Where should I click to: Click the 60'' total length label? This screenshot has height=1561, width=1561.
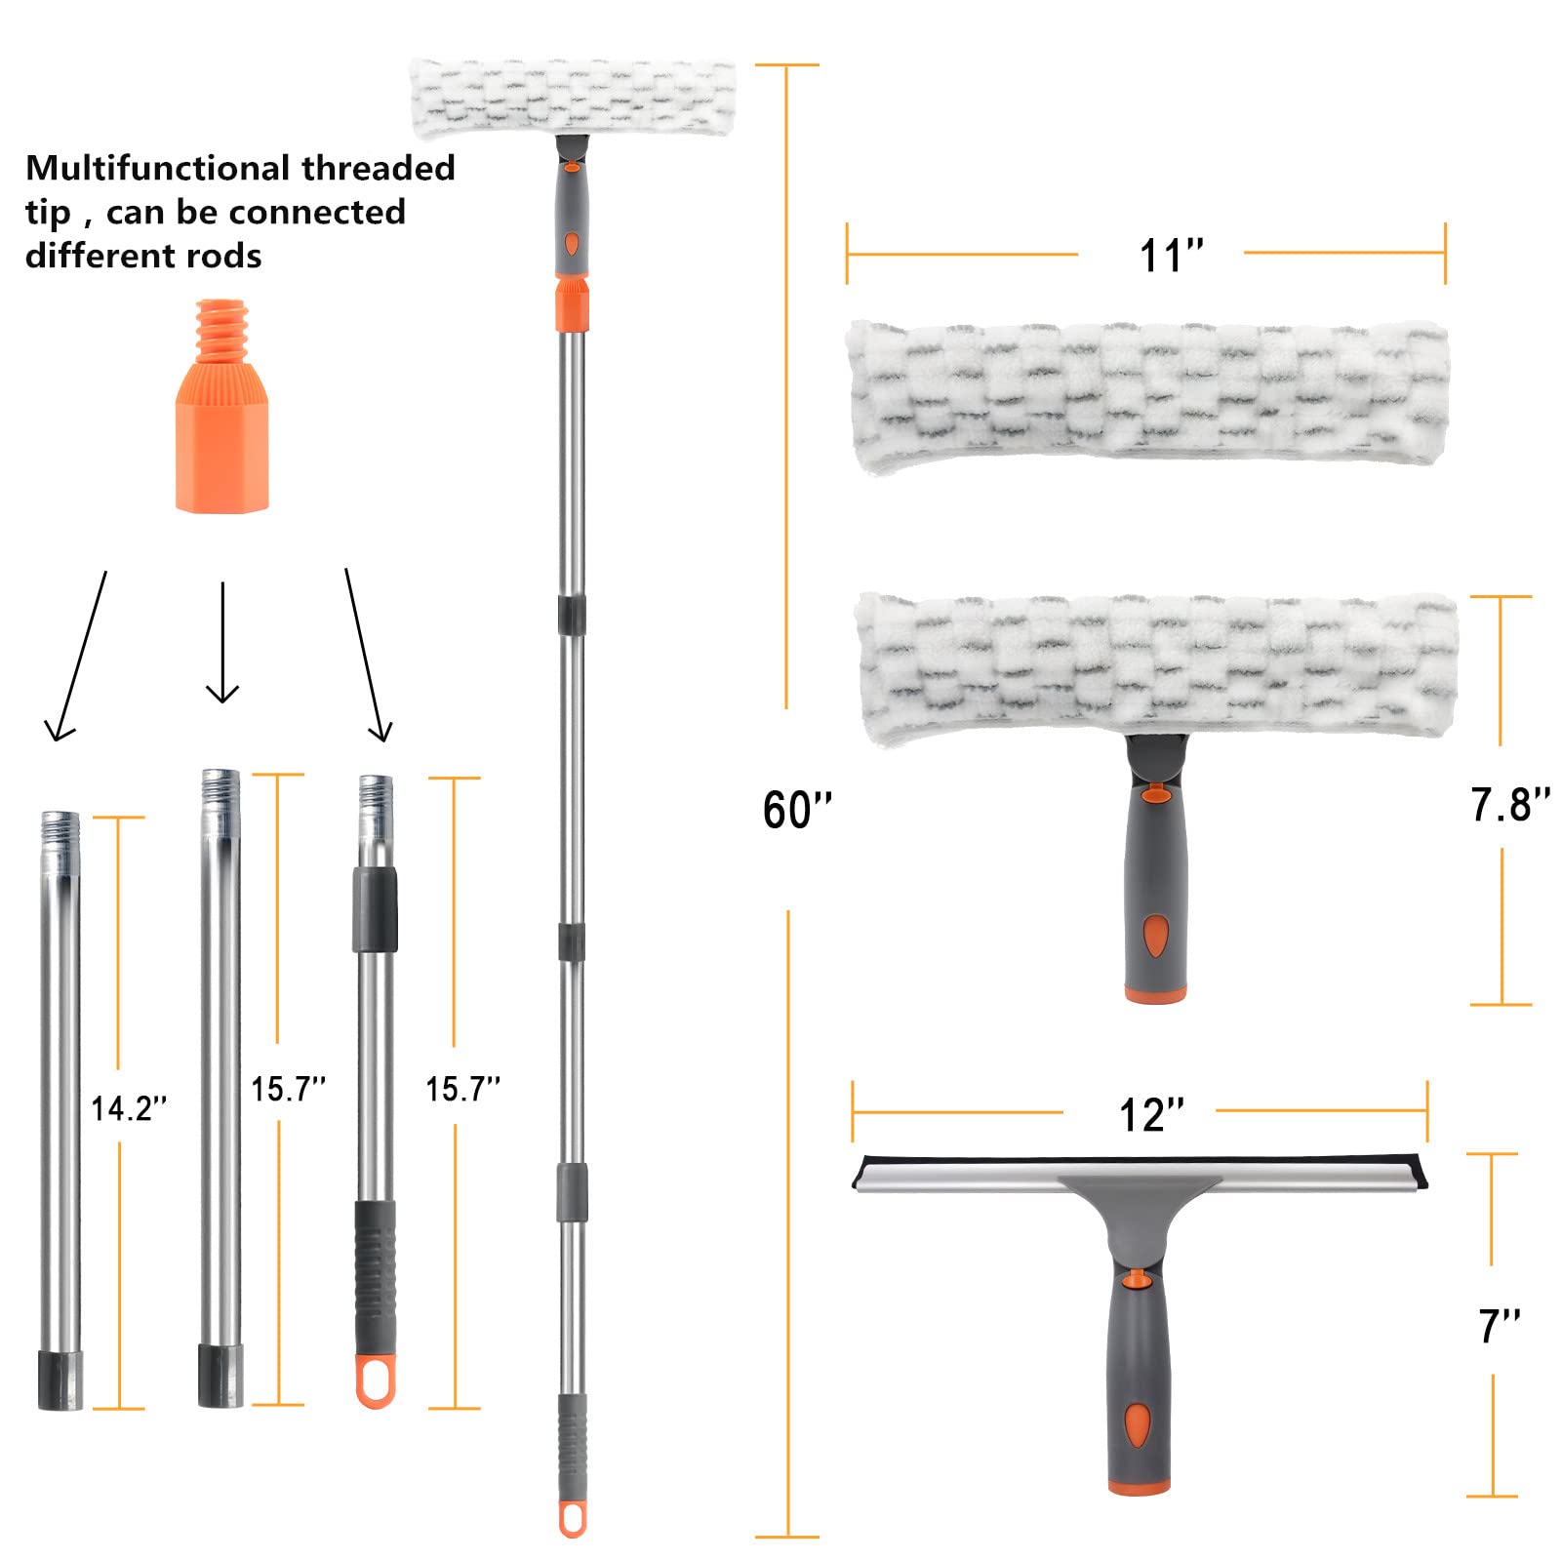(x=797, y=810)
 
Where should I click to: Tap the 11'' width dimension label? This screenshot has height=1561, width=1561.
(x=1171, y=256)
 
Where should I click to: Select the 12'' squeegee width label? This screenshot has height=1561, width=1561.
(x=1151, y=1114)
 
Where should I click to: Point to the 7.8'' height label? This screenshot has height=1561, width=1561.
(x=1509, y=805)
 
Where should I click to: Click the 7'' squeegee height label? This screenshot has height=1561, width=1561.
(x=1499, y=1326)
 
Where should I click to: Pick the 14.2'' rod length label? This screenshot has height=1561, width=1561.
(x=129, y=1108)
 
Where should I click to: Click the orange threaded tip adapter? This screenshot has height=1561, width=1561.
(x=222, y=406)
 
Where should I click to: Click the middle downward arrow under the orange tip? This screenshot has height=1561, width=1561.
(x=222, y=642)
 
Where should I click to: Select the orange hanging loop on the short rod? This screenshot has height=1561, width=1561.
(x=376, y=1380)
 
